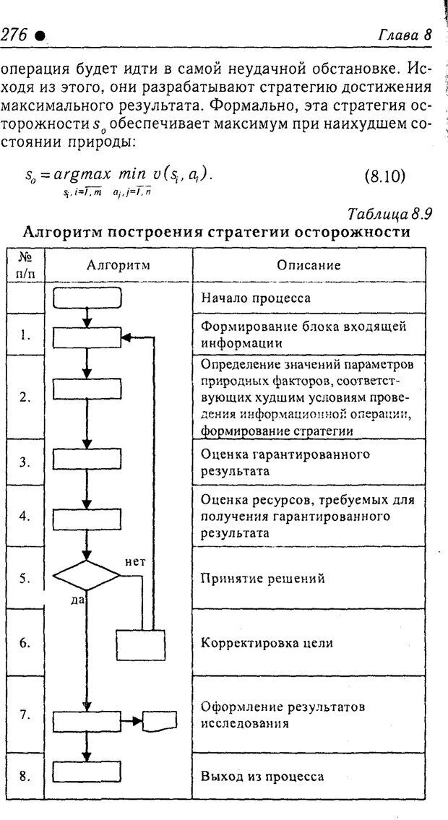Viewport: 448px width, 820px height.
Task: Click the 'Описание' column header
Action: click(x=309, y=264)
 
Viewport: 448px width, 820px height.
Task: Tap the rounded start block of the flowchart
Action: click(x=87, y=297)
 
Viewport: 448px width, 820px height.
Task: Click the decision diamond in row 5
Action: click(x=87, y=577)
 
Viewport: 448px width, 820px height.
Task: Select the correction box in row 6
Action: click(x=141, y=644)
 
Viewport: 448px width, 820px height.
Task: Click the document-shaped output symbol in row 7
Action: click(x=160, y=720)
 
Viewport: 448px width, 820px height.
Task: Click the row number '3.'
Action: click(x=25, y=462)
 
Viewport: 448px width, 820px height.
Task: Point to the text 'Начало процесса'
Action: click(x=256, y=297)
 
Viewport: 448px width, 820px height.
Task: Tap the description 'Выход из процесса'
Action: click(x=262, y=777)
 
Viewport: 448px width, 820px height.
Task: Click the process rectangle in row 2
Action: click(x=86, y=388)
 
